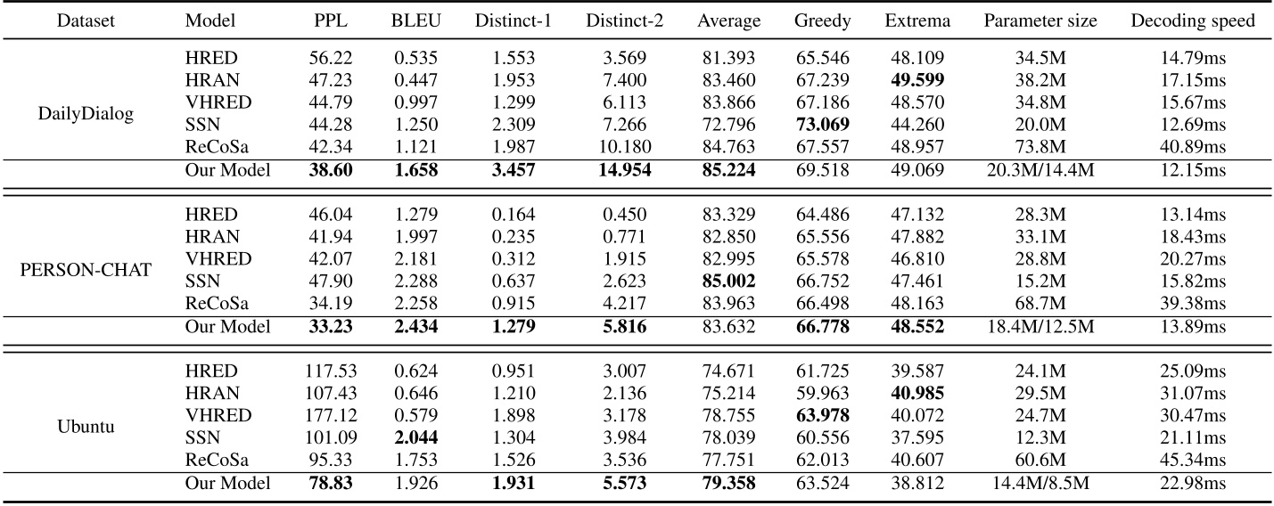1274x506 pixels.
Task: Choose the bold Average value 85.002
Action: [x=728, y=281]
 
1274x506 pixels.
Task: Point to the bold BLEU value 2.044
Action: [x=415, y=437]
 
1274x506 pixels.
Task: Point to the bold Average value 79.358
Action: [x=728, y=483]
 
